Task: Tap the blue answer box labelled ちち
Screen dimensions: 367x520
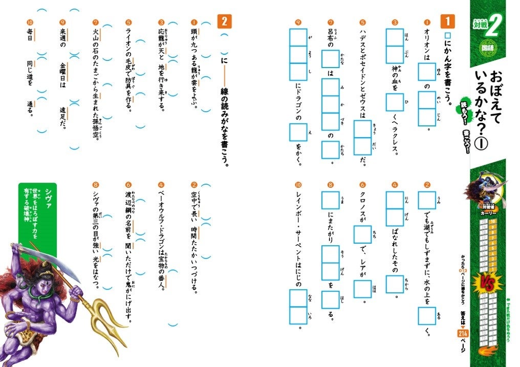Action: pyautogui.click(x=362, y=234)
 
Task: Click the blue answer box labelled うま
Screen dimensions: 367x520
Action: pyautogui.click(x=330, y=201)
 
